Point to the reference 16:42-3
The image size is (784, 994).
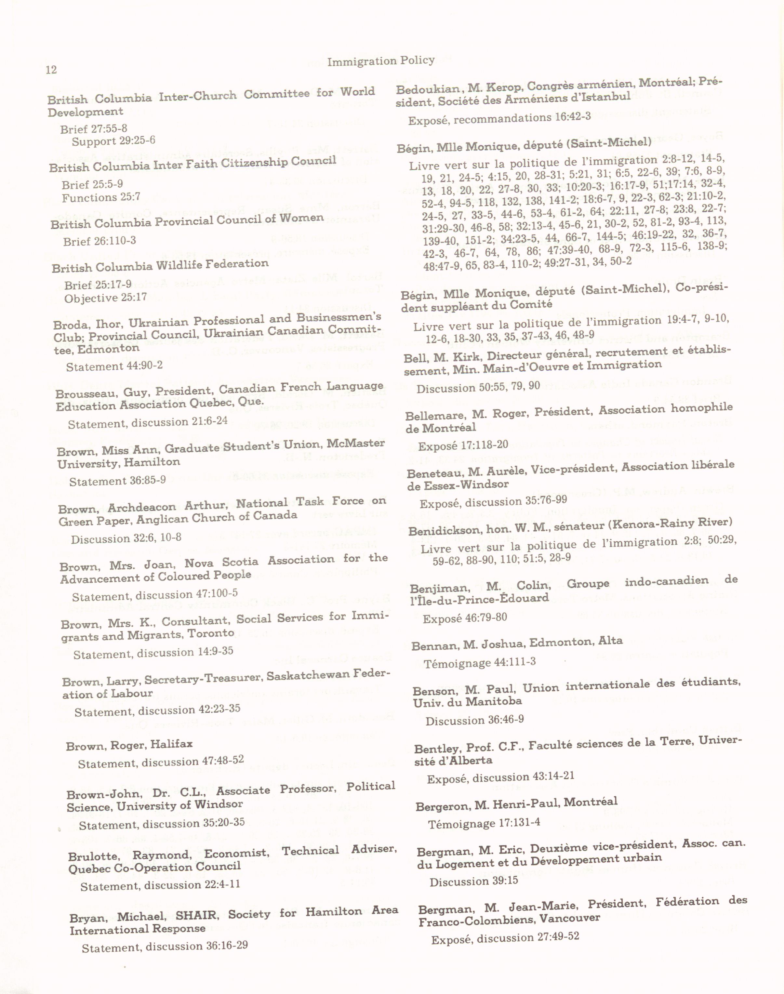pyautogui.click(x=573, y=117)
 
